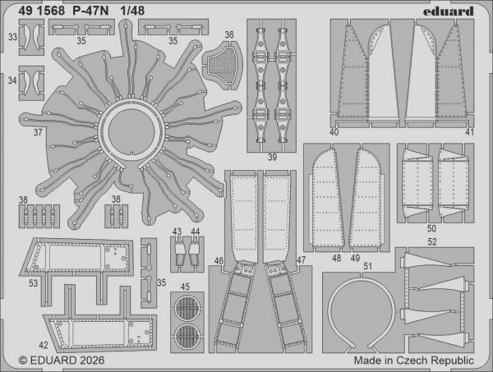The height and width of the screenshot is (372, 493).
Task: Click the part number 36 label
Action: [229, 35]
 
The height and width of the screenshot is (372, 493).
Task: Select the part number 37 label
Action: [37, 131]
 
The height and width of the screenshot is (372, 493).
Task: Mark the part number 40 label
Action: [334, 131]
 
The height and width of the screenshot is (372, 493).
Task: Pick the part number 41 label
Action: [470, 131]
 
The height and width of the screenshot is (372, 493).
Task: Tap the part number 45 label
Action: [186, 287]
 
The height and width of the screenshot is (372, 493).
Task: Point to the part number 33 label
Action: [12, 37]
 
